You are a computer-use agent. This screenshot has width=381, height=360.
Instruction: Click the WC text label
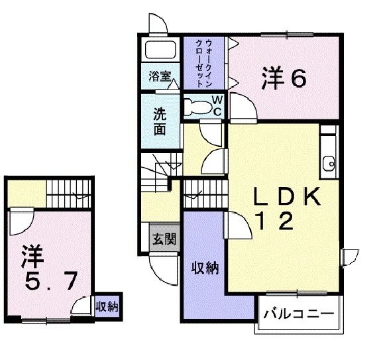click(217, 105)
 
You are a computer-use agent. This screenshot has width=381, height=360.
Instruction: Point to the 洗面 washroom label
click(160, 121)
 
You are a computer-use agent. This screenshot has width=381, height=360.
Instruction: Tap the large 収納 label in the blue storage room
click(205, 268)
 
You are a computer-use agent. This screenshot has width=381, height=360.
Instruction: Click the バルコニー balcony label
click(298, 313)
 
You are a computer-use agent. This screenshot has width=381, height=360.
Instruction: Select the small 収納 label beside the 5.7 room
click(107, 306)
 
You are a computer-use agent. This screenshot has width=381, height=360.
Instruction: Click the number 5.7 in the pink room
click(50, 282)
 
